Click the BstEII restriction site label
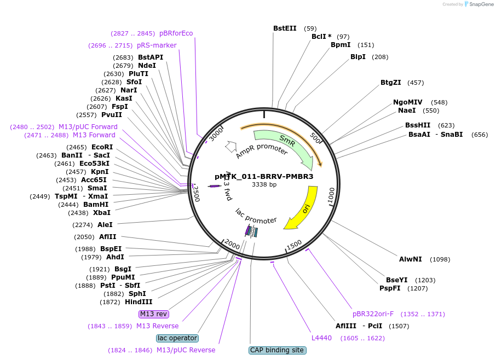pyautogui.click(x=285, y=28)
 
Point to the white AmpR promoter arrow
pyautogui.click(x=230, y=146)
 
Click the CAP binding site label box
pyautogui.click(x=278, y=350)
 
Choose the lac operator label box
pyautogui.click(x=177, y=338)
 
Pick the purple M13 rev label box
pyautogui.click(x=154, y=314)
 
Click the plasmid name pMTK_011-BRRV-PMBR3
pyautogui.click(x=264, y=176)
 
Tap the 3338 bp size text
pyautogui.click(x=264, y=184)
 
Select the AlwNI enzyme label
pyautogui.click(x=410, y=259)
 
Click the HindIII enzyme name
pyautogui.click(x=139, y=302)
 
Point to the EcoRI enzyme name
pyautogui.click(x=102, y=147)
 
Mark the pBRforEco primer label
pyautogui.click(x=176, y=33)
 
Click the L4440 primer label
pyautogui.click(x=321, y=338)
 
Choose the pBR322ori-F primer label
pyautogui.click(x=373, y=314)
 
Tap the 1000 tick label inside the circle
pyautogui.click(x=331, y=195)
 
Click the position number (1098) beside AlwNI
pyautogui.click(x=440, y=259)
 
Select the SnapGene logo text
pyautogui.click(x=481, y=4)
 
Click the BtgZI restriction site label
pyautogui.click(x=391, y=83)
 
